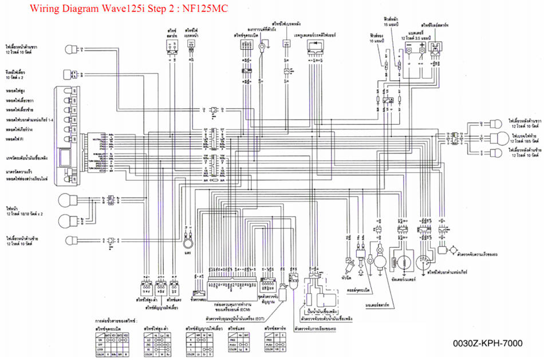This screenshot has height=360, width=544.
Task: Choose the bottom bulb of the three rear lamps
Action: point(492,153)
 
